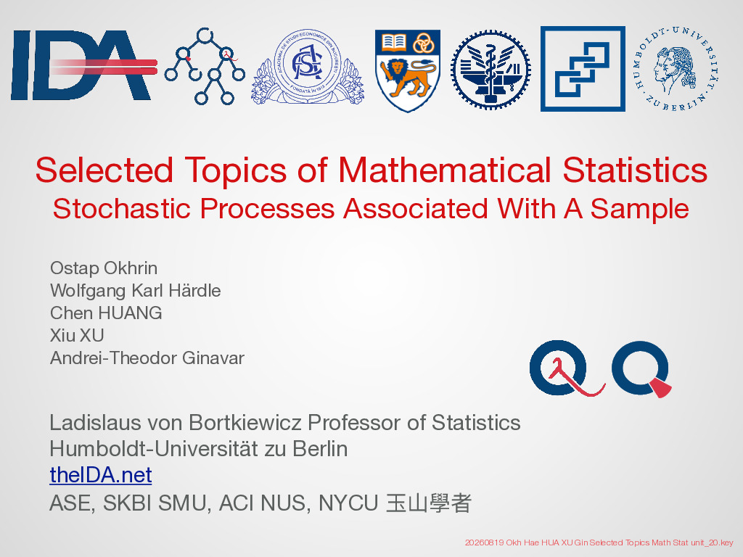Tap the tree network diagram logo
[205, 66]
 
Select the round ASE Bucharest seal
[307, 66]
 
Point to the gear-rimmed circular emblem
[490, 70]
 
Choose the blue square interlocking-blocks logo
[583, 69]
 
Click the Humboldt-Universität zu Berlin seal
[676, 69]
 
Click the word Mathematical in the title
[445, 170]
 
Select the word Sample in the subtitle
[640, 210]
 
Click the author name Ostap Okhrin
[104, 268]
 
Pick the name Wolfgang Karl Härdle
[136, 291]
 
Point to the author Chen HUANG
[106, 313]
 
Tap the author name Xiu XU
[77, 335]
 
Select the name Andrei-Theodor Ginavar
[147, 358]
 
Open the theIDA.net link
[101, 474]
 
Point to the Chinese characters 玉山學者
[429, 503]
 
